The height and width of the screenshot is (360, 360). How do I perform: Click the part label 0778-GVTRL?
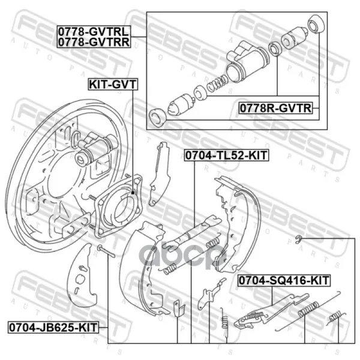coord(94,31)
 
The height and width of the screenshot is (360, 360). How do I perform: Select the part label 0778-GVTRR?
coord(94,42)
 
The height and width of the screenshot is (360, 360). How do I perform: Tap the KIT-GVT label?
coord(113,84)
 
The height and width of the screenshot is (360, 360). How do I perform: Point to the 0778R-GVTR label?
coord(276,108)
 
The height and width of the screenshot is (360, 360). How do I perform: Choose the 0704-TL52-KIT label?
coord(226,155)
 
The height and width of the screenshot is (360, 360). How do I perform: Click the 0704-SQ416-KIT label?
coord(284,280)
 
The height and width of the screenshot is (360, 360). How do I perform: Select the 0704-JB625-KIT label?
coord(53,327)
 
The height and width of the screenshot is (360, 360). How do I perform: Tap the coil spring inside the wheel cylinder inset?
coord(217,83)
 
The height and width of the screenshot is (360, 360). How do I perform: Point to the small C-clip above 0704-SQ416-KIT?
coord(298,239)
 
